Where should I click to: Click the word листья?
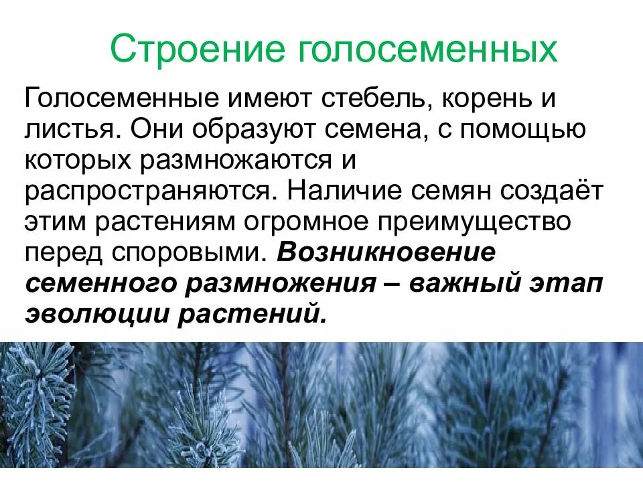(71, 131)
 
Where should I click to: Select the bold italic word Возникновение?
(386, 251)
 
